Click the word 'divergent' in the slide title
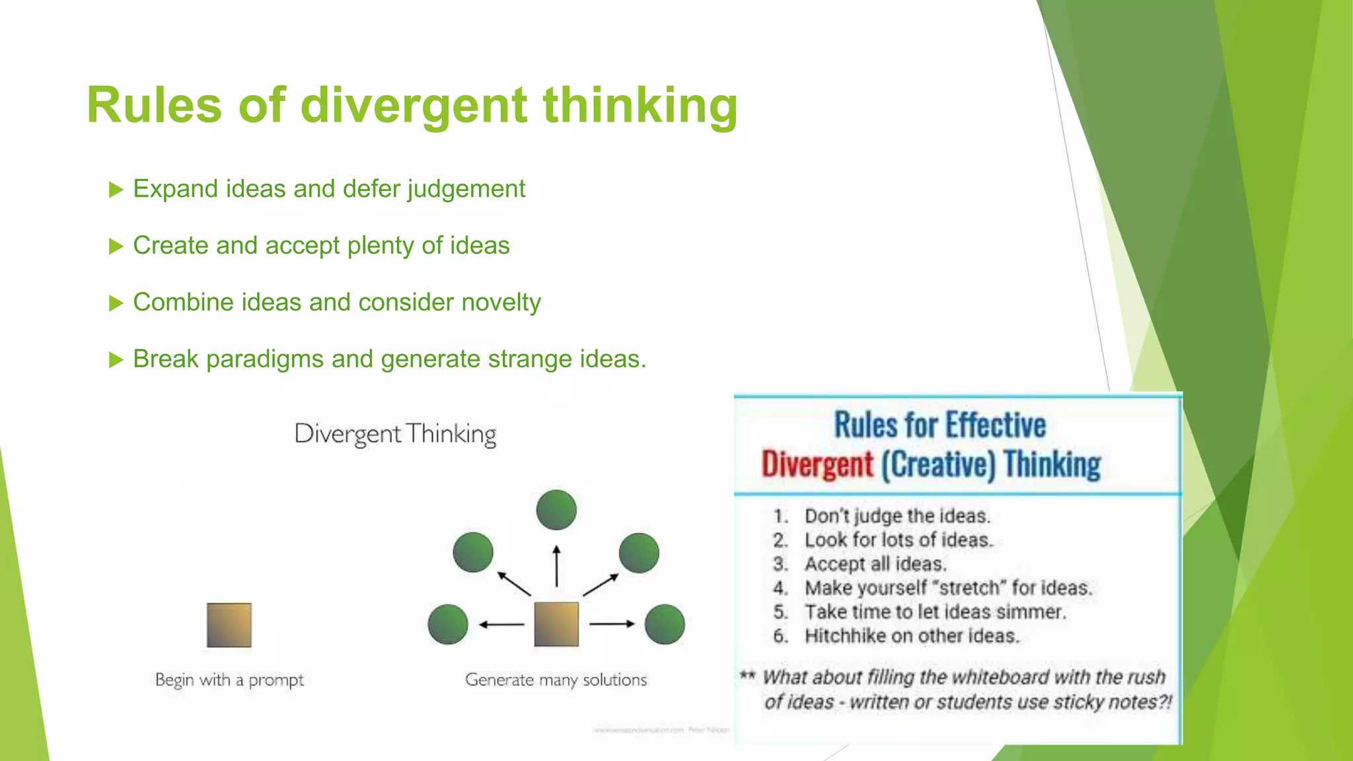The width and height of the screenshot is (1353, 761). coord(414,106)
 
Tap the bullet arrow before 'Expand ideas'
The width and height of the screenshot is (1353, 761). coord(116,190)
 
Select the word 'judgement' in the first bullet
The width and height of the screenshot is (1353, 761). coord(466,190)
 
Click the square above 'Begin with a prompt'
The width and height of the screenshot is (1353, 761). coord(229,625)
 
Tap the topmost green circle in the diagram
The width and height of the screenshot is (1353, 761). coord(556,510)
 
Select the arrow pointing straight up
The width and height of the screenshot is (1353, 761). coord(556,566)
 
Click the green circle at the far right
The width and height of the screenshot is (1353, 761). coord(665,624)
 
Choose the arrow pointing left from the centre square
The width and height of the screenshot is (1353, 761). coord(501,624)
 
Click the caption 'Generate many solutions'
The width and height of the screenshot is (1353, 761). coord(556,680)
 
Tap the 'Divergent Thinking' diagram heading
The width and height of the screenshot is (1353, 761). coord(395,434)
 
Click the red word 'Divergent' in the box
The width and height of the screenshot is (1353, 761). coord(817,464)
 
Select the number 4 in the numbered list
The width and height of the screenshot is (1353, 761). coord(780,587)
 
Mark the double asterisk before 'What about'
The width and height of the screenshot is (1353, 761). coord(747,675)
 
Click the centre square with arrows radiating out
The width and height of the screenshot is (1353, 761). coord(556,624)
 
